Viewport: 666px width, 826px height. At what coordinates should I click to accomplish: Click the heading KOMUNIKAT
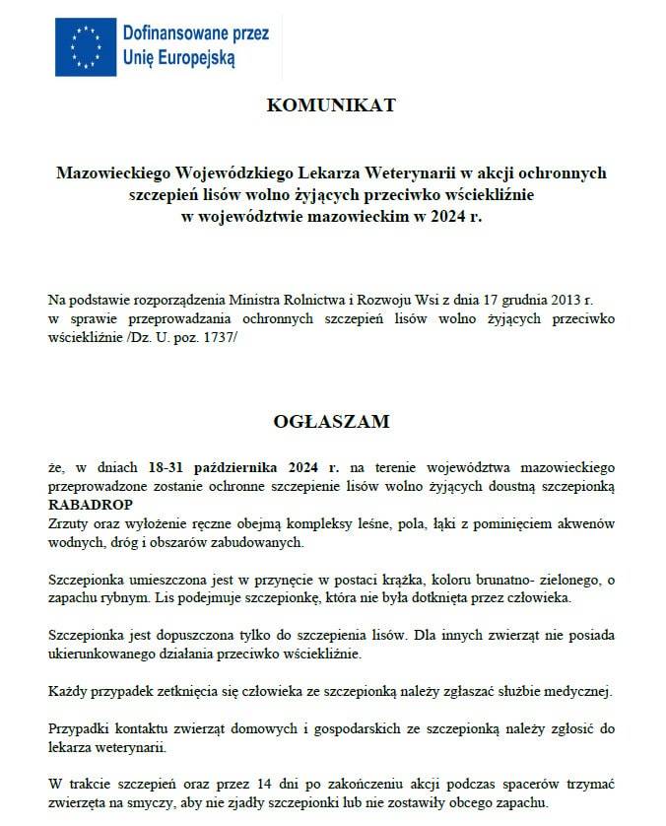(331, 105)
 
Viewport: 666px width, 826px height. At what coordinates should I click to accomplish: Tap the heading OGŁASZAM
(331, 422)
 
